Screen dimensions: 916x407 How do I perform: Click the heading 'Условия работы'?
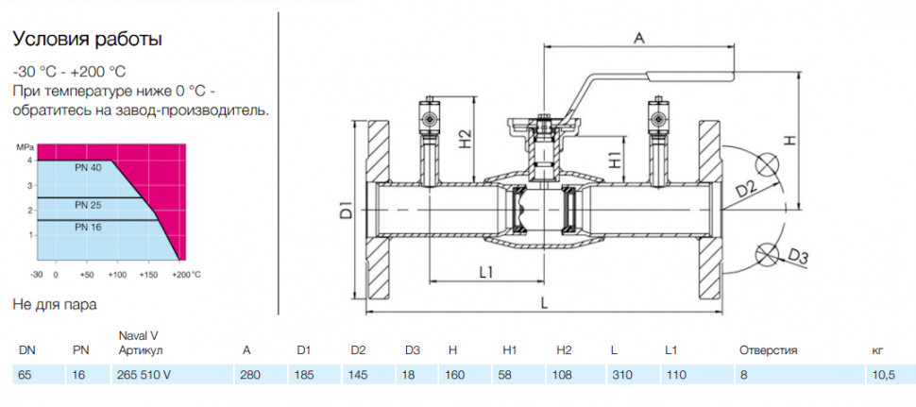coord(88,40)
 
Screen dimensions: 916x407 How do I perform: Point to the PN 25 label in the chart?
coord(89,205)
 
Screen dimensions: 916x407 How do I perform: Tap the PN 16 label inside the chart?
coord(89,228)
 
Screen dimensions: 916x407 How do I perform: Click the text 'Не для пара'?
coord(55,305)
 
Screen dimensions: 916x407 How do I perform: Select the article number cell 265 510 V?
coord(144,375)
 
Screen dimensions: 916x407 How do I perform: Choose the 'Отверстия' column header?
coord(768,351)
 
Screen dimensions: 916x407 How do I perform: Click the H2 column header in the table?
coord(564,351)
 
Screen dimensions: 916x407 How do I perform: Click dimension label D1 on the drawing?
coord(346,209)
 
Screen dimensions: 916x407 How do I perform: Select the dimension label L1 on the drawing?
coord(486,272)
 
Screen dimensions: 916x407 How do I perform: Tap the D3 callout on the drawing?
coord(798,256)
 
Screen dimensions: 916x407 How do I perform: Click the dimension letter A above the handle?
coord(639,39)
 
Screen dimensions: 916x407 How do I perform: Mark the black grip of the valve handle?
coord(690,75)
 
